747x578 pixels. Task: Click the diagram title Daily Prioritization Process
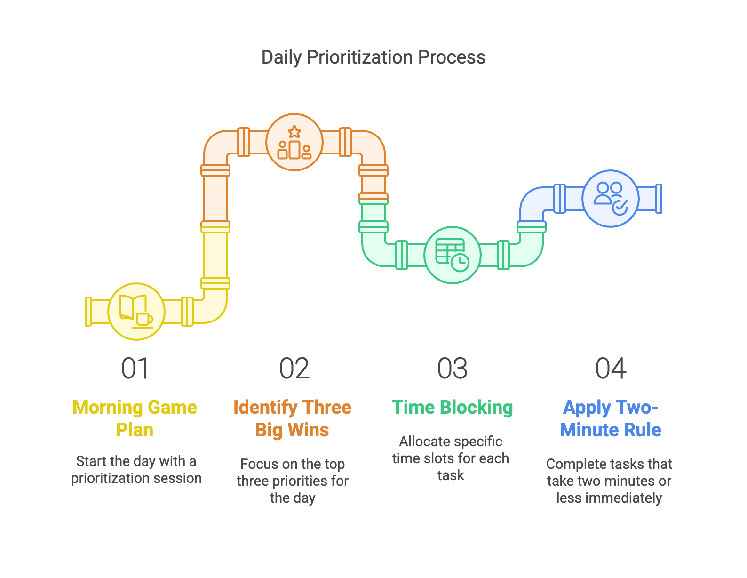(x=373, y=57)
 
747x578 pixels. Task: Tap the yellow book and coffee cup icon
(x=136, y=311)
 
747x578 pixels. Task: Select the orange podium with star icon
(x=294, y=142)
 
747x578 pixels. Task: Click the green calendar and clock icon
(x=453, y=255)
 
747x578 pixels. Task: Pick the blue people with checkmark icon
(x=610, y=198)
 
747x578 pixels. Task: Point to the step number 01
(x=135, y=368)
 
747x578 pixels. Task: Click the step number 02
(x=294, y=368)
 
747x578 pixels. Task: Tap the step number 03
(x=452, y=368)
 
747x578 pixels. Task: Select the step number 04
(x=611, y=368)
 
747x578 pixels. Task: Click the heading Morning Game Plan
(x=135, y=418)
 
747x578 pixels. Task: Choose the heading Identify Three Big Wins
(x=292, y=418)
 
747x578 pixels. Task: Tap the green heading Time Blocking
(x=452, y=408)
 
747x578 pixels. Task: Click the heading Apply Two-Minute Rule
(x=610, y=418)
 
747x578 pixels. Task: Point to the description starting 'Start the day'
(x=136, y=469)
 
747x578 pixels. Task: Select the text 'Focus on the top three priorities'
(x=292, y=481)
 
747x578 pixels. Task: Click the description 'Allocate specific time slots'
(x=451, y=458)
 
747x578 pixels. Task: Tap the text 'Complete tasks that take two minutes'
(x=609, y=481)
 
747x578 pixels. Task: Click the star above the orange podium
(x=294, y=131)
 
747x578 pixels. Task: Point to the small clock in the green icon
(x=460, y=262)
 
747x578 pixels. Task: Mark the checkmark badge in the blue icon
(x=620, y=206)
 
